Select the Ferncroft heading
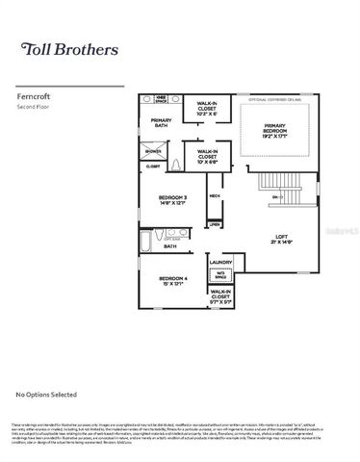click(35, 96)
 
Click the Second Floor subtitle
click(35, 107)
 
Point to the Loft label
click(281, 239)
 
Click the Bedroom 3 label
click(174, 200)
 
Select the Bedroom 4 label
click(174, 281)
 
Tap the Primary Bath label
click(161, 123)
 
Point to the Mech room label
click(214, 196)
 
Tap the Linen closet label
click(214, 225)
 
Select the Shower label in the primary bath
click(154, 151)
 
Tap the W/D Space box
click(219, 275)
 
